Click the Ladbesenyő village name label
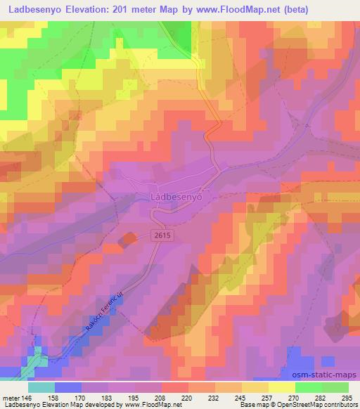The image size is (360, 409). pyautogui.click(x=177, y=198)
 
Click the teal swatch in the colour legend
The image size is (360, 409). pyautogui.click(x=41, y=387)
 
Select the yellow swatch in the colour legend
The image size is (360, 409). pyautogui.click(x=282, y=387)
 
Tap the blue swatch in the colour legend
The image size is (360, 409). pyautogui.click(x=68, y=387)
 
